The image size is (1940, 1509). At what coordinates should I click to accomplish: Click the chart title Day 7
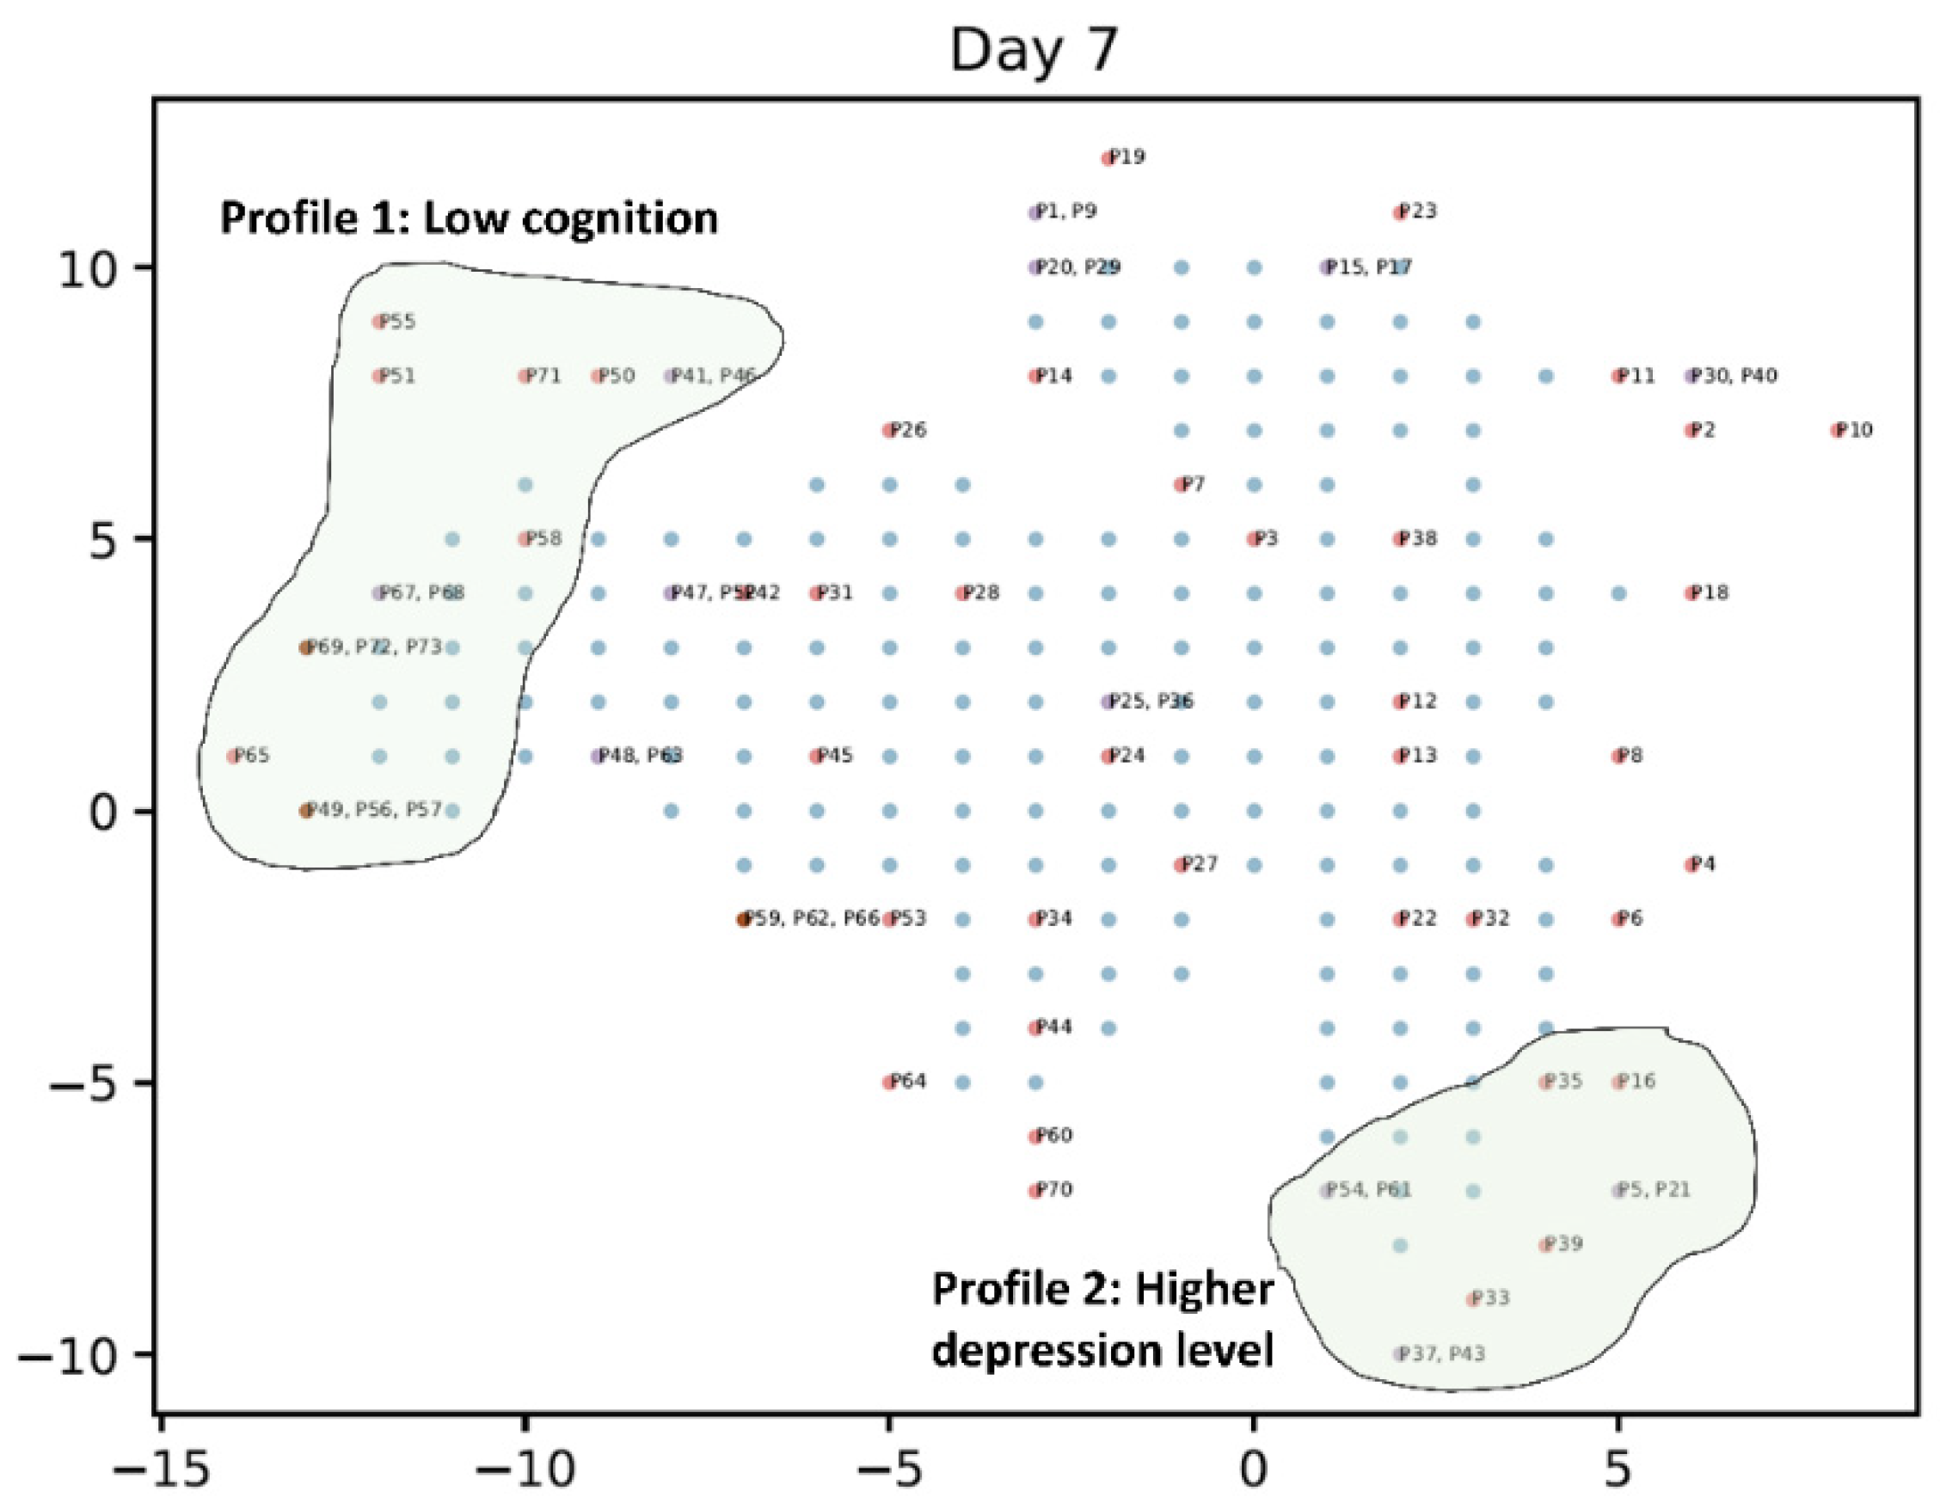point(1034,50)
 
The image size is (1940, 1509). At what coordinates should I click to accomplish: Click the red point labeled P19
point(1108,159)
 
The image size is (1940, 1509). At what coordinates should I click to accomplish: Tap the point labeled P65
point(234,757)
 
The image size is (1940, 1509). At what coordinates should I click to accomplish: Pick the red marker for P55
point(379,322)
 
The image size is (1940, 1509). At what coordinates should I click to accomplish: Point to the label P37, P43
point(1440,1353)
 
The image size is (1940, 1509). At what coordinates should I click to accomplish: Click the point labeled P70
point(1034,1191)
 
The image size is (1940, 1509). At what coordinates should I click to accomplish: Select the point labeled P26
point(889,431)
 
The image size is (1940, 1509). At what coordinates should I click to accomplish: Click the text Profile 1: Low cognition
point(468,218)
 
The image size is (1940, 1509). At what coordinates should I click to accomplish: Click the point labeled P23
point(1400,213)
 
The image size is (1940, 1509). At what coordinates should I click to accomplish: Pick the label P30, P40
point(1733,376)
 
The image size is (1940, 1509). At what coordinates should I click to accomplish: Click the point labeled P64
point(889,1083)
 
